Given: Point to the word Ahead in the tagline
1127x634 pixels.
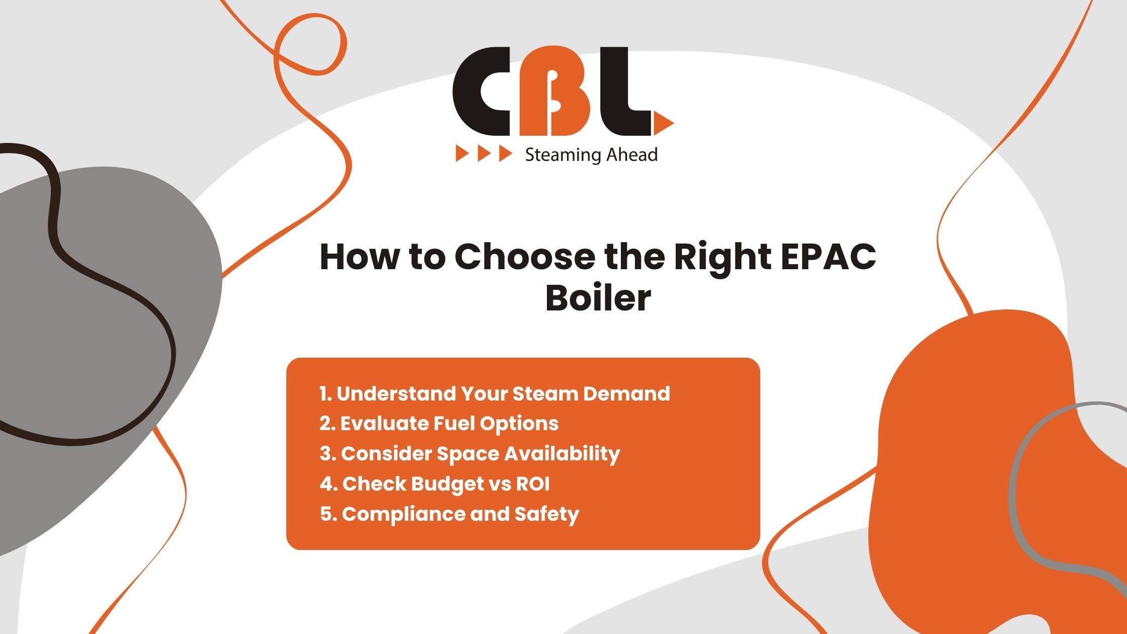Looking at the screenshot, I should click(x=632, y=154).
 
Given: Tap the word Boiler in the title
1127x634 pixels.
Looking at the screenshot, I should click(x=598, y=298).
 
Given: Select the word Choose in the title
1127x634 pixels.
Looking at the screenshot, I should click(x=525, y=257).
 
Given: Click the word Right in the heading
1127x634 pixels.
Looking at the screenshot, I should click(x=722, y=258).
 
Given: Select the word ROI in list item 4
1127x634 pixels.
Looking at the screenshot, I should click(x=533, y=484).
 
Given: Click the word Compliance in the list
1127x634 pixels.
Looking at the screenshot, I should click(x=404, y=515).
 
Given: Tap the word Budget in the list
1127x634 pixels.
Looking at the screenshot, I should click(x=440, y=485).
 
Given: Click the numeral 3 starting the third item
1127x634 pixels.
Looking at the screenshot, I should click(x=326, y=454).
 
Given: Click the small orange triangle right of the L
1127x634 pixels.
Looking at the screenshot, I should click(x=664, y=123).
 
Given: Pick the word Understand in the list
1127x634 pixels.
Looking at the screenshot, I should click(x=395, y=393).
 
